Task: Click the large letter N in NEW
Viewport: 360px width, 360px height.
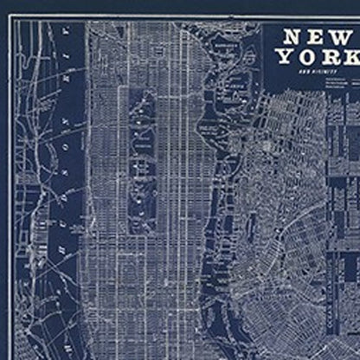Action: coord(292,38)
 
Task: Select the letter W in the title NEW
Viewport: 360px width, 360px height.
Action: coord(344,38)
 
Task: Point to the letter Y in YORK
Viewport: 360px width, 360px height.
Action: coord(286,57)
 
